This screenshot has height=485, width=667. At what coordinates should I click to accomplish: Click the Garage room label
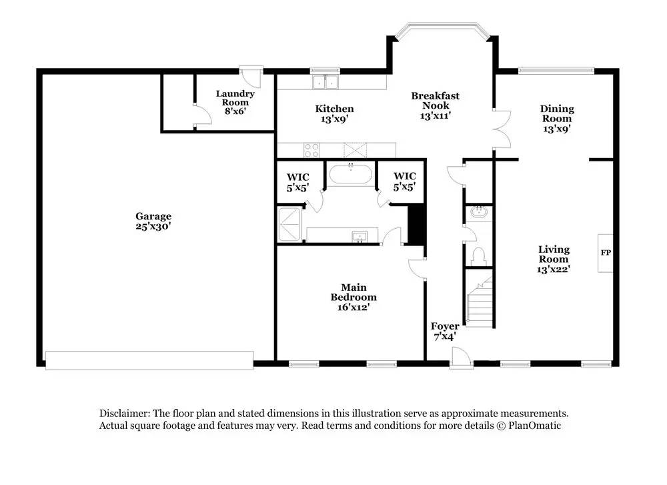pyautogui.click(x=153, y=221)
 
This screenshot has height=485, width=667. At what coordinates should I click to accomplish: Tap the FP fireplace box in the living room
pyautogui.click(x=606, y=253)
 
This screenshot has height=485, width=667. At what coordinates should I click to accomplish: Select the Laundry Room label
pyautogui.click(x=235, y=103)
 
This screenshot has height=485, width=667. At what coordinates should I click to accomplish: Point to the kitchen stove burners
pyautogui.click(x=311, y=150)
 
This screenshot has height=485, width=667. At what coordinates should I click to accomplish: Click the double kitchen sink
pyautogui.click(x=325, y=81)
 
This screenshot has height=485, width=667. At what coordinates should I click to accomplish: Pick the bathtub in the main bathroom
pyautogui.click(x=351, y=174)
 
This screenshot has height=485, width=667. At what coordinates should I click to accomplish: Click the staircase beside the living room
pyautogui.click(x=480, y=300)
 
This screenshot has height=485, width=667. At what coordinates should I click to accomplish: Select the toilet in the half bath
pyautogui.click(x=479, y=257)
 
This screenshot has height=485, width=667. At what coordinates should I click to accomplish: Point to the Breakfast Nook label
pyautogui.click(x=435, y=105)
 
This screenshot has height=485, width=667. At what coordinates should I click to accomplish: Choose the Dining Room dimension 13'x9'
pyautogui.click(x=557, y=129)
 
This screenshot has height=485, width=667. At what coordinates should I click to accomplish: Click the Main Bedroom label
pyautogui.click(x=354, y=297)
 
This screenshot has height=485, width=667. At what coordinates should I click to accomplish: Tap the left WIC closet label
pyautogui.click(x=297, y=182)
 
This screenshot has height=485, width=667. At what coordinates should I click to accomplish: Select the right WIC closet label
pyautogui.click(x=405, y=181)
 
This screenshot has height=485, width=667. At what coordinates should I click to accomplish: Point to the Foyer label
pyautogui.click(x=445, y=332)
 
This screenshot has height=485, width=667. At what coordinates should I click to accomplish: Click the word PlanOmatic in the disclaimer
pyautogui.click(x=535, y=426)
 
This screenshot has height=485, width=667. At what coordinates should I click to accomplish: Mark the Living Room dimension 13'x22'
pyautogui.click(x=554, y=269)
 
